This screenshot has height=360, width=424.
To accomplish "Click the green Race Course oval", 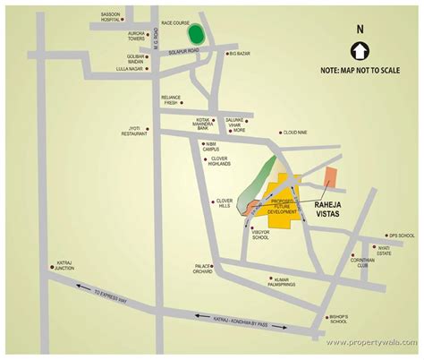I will [x=195, y=34].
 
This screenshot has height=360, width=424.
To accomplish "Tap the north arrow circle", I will [x=360, y=50].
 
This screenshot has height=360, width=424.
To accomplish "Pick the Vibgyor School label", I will [x=260, y=235].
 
